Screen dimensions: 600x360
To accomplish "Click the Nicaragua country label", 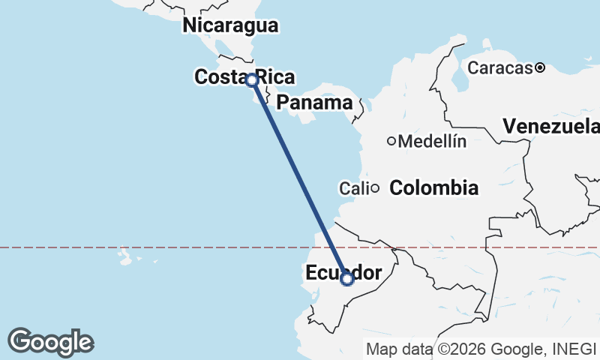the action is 231,25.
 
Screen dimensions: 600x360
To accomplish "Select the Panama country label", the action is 314,103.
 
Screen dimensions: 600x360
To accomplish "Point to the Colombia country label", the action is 434,187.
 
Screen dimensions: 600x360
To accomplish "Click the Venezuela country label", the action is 551,126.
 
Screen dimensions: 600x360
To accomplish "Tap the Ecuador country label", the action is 343,273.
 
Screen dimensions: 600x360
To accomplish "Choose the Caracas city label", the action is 500,68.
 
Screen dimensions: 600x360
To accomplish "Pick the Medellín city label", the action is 433,141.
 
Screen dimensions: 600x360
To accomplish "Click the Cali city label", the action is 353,188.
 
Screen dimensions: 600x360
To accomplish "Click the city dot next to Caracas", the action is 540,68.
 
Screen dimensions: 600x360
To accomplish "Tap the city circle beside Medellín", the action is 391,141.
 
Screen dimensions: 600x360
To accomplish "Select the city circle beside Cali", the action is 373,188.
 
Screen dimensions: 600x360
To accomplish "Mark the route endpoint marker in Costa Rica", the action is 252,79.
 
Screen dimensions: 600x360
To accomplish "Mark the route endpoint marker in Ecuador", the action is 347,279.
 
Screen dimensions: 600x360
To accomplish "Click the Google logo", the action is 51,342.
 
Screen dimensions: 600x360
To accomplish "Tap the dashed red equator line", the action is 187,247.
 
